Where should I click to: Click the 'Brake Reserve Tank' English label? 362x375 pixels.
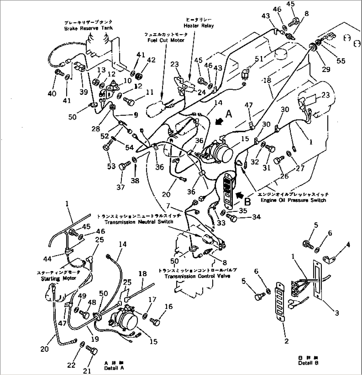tap(88, 29)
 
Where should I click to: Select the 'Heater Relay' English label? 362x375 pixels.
tap(198, 26)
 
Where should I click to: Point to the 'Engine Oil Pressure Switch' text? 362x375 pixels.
tap(293, 200)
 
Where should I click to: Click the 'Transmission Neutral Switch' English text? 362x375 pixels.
tap(138, 221)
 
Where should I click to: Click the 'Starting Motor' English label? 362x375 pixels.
tap(58, 279)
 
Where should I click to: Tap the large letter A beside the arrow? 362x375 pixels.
tap(229, 114)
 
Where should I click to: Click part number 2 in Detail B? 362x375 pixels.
tap(286, 341)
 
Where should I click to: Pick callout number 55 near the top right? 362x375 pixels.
tap(341, 61)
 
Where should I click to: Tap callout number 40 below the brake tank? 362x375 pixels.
tap(51, 94)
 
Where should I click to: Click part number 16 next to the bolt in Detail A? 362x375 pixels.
tap(168, 307)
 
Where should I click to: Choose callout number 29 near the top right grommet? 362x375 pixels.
tap(326, 69)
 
